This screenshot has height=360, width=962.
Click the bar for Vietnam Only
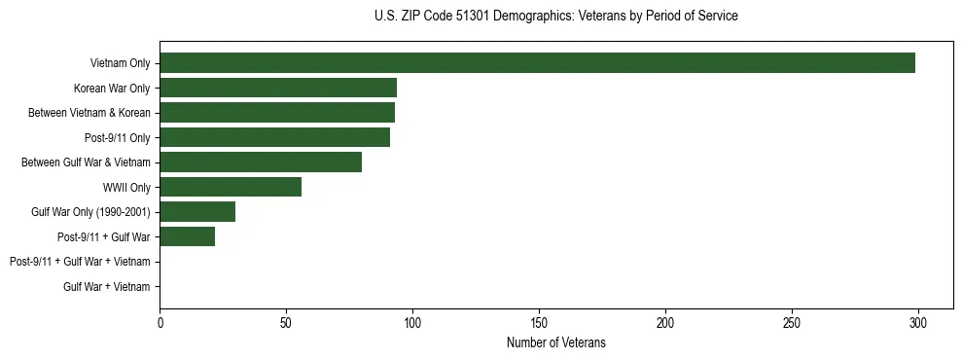(x=537, y=63)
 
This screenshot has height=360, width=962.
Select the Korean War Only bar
(x=278, y=88)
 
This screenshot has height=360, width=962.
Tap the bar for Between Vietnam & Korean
(x=277, y=113)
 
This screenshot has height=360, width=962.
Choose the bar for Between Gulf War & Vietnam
(x=261, y=162)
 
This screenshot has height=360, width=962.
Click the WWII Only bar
(x=231, y=187)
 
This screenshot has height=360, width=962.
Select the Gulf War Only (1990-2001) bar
(x=197, y=212)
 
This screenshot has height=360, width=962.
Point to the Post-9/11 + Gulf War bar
(x=188, y=236)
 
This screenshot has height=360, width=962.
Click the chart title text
(x=555, y=17)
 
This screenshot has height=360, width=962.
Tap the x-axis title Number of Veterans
(x=555, y=342)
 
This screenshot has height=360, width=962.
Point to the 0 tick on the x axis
(x=160, y=321)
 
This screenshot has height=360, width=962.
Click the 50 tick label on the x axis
(x=286, y=321)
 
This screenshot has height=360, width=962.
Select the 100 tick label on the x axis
(x=412, y=321)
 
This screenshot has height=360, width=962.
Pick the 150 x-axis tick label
(x=539, y=321)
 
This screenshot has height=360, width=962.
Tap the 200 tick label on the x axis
(x=665, y=321)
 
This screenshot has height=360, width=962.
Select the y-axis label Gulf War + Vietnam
(x=107, y=286)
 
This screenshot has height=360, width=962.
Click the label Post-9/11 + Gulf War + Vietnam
(x=80, y=262)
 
